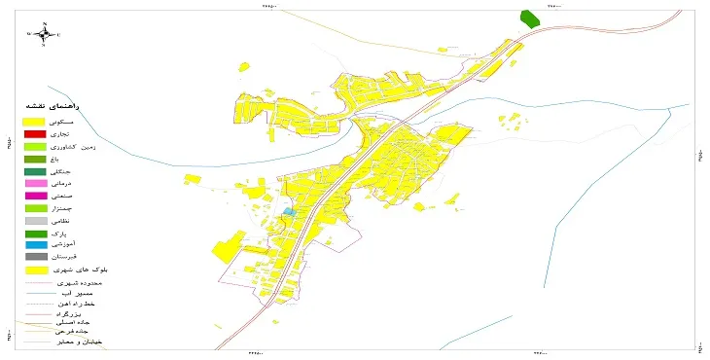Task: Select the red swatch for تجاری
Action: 35,133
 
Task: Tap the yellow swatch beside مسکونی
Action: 35,121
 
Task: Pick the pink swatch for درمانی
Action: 35,183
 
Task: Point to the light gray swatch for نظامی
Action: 35,221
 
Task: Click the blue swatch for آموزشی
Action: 35,245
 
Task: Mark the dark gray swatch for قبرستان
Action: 35,257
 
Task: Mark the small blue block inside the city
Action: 288,211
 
